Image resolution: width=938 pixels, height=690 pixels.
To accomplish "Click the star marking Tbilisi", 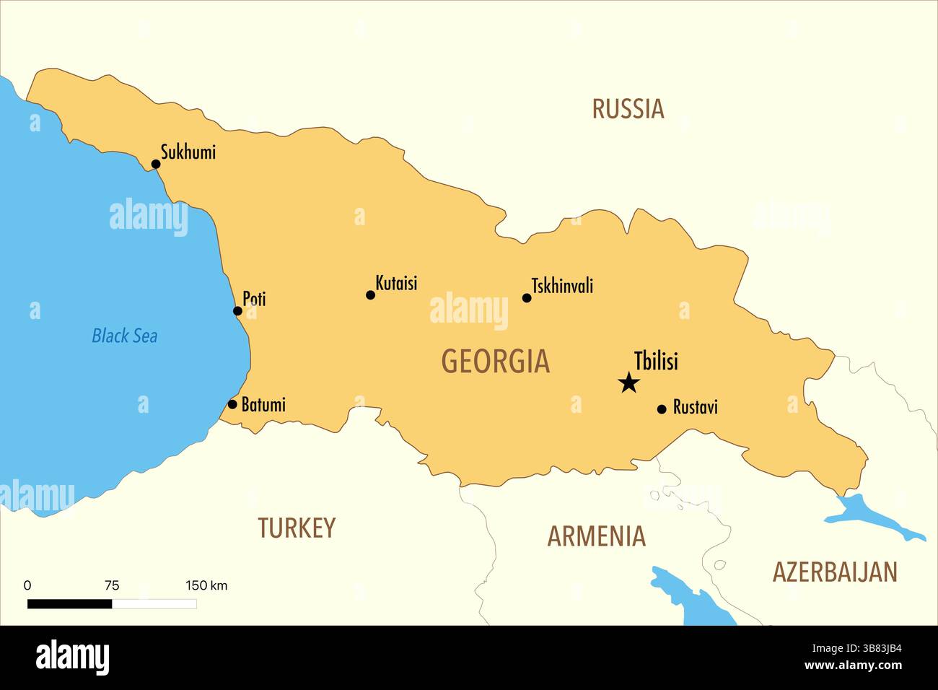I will (629, 383).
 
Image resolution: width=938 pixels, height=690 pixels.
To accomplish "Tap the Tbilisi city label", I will (656, 360).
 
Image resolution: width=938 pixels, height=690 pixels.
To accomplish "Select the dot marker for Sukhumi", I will (156, 164).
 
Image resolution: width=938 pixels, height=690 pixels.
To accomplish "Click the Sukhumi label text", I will (188, 152).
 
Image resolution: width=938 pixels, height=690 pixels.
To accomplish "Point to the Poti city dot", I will (237, 311).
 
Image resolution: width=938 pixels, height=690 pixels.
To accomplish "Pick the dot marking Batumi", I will (232, 404).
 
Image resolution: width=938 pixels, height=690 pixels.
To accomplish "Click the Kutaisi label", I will (396, 283).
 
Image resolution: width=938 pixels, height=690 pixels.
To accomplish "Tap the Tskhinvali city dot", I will (527, 297).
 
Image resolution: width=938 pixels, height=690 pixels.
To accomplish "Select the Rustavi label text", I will (695, 407).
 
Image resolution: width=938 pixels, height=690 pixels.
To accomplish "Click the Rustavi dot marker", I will (662, 409).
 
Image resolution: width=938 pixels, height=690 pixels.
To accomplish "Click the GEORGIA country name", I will (495, 361).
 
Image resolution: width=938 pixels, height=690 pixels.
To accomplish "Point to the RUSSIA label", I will (628, 109).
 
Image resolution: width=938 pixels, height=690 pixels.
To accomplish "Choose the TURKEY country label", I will (297, 528).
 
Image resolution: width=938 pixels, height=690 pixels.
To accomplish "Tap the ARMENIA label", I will (596, 536).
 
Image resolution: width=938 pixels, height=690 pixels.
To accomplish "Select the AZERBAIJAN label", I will (835, 572).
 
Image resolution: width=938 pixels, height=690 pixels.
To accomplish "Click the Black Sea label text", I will (124, 336).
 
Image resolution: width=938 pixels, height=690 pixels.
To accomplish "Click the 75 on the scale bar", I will (112, 585).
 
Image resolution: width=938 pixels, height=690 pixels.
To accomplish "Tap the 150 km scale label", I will (206, 585).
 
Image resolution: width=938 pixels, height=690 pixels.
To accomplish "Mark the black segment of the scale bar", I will (69, 604).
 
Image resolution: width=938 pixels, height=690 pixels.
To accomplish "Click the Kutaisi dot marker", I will (371, 294).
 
